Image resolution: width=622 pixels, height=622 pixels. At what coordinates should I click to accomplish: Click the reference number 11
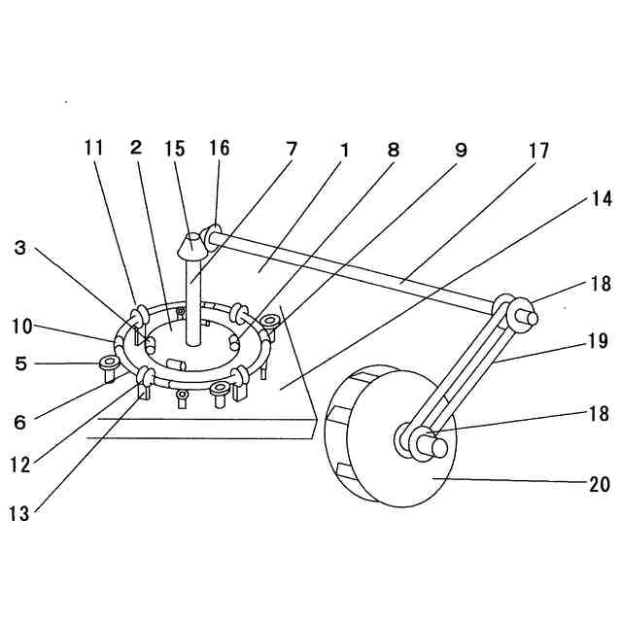tap(93, 149)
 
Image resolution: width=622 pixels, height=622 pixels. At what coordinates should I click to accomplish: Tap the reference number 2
tap(135, 149)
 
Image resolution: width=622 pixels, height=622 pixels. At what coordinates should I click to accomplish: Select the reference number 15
tap(176, 149)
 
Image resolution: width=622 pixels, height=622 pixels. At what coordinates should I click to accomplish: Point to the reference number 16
tap(219, 149)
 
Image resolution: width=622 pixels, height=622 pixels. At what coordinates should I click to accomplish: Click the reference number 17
tap(538, 152)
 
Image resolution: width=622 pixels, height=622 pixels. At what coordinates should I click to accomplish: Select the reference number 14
tap(601, 198)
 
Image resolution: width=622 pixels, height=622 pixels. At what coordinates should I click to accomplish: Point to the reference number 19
tap(597, 341)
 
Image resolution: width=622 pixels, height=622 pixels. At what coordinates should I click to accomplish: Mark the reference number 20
tap(599, 484)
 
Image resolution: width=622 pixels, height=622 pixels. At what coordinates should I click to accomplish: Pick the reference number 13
tap(18, 514)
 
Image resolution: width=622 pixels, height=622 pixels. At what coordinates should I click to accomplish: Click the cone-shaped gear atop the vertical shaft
tap(192, 246)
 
